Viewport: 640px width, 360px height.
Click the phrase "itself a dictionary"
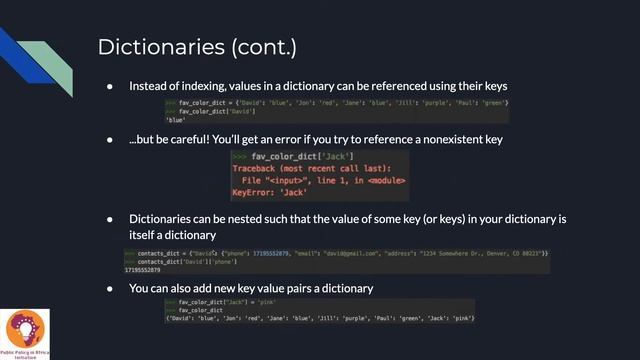click(x=172, y=235)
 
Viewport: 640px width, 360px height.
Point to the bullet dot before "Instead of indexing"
click(x=110, y=87)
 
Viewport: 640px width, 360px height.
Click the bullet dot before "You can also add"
click(x=110, y=288)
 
